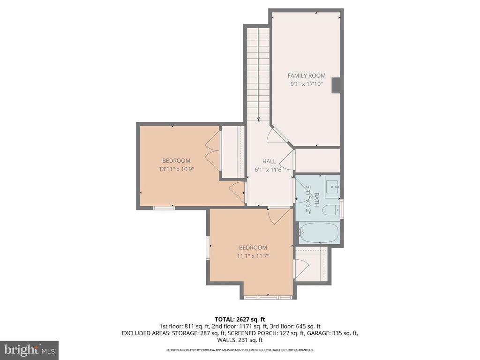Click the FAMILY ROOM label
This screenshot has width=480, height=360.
[x=306, y=75]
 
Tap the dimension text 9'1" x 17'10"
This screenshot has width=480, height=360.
[x=306, y=84]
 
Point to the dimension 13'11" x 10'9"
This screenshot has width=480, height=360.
[x=176, y=169]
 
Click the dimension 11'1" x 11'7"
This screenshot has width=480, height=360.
[x=253, y=256]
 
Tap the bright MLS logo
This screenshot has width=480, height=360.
[x=29, y=349]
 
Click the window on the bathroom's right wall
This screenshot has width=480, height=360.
[x=342, y=209]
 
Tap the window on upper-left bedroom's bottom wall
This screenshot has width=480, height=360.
[x=164, y=207]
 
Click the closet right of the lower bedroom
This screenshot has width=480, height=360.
[x=311, y=266]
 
